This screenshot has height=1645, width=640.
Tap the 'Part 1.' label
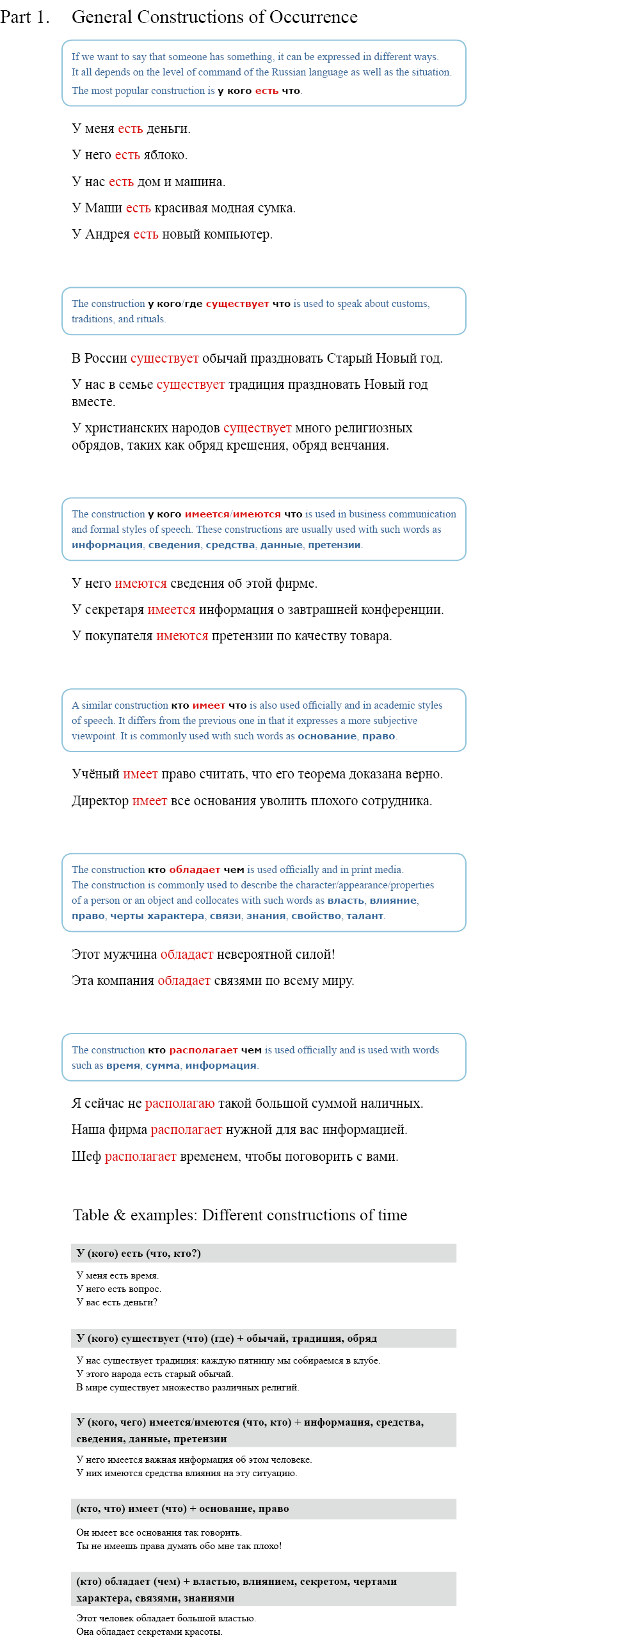(25, 17)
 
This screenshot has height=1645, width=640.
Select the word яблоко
(165, 155)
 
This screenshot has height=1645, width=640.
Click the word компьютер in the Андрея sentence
(238, 235)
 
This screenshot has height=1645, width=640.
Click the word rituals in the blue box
(150, 319)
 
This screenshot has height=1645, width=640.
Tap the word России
(106, 358)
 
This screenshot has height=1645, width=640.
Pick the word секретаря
(115, 610)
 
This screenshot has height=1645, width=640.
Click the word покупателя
(119, 636)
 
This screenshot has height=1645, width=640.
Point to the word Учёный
(95, 774)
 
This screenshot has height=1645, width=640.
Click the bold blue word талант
(365, 916)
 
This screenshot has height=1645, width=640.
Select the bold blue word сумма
(163, 1066)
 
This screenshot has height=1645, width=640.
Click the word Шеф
(86, 1156)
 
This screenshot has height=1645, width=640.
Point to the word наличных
(394, 1103)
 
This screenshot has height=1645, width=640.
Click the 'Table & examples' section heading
(240, 1215)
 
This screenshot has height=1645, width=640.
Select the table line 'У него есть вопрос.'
(118, 1289)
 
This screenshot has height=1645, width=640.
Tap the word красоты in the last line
(204, 1632)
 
